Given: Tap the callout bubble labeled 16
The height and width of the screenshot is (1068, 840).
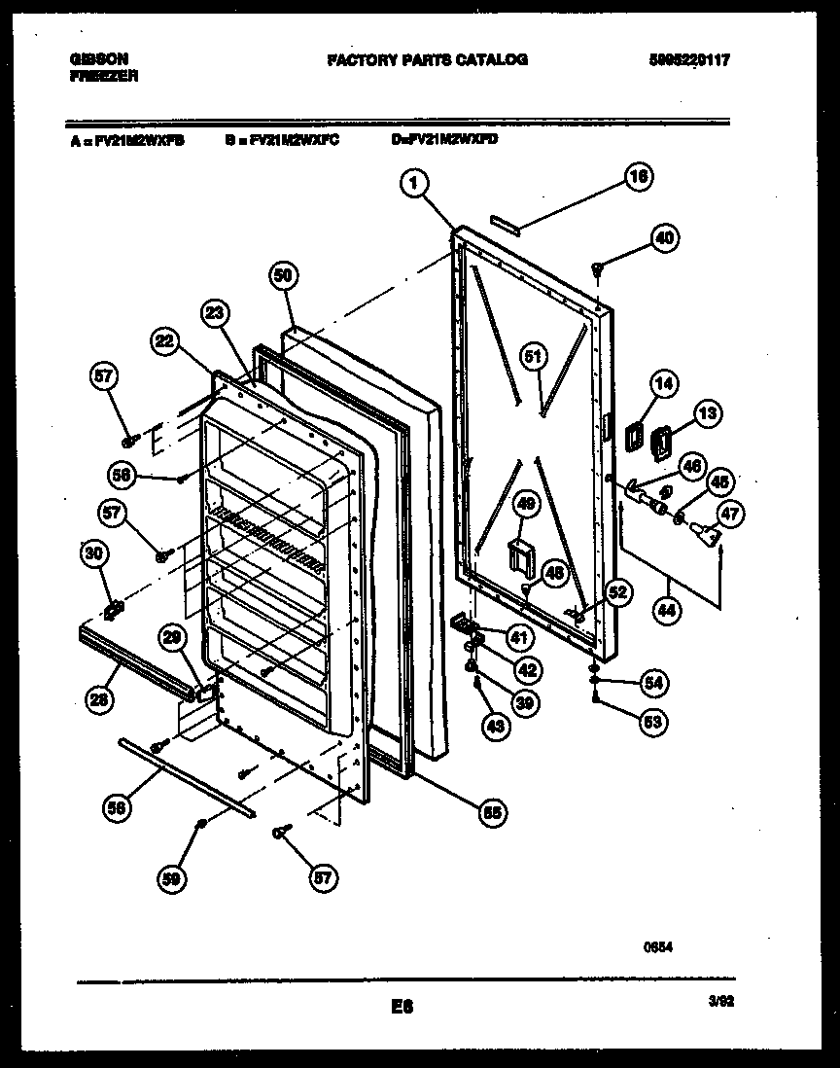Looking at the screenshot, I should click(x=638, y=177).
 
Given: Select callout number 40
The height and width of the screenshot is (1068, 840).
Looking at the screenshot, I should click(x=665, y=238).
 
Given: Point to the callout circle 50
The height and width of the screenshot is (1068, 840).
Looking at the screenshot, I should click(x=282, y=276).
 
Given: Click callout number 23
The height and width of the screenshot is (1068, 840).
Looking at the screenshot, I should click(x=217, y=313).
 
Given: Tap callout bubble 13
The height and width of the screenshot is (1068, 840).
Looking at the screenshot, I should click(x=708, y=413).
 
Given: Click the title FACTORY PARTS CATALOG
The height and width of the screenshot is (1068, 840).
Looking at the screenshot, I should click(x=427, y=60).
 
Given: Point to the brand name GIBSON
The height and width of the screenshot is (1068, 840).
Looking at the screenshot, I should click(x=98, y=59).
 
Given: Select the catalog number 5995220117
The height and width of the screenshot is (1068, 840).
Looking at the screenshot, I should click(x=689, y=60).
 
